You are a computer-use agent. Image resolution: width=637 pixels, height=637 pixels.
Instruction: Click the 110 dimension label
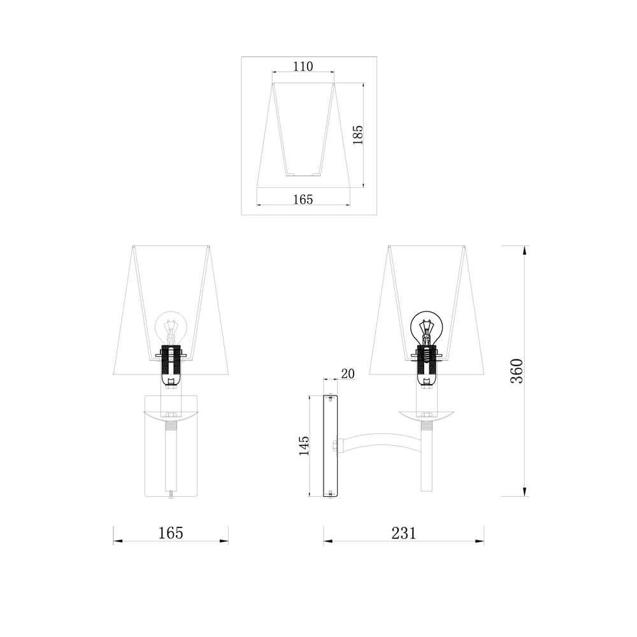(x=303, y=66)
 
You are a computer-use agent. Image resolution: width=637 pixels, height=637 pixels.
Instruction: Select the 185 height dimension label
(x=357, y=135)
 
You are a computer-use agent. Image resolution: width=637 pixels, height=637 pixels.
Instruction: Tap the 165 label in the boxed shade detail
(x=303, y=199)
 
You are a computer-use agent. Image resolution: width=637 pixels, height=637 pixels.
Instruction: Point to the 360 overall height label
(x=517, y=371)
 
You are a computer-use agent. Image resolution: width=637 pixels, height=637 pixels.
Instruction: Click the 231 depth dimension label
(x=404, y=533)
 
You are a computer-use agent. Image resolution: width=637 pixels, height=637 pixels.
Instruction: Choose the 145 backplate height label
(x=304, y=445)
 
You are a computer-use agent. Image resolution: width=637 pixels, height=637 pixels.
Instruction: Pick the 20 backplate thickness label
(x=348, y=373)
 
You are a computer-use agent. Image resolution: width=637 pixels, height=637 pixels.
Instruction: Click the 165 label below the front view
(x=171, y=533)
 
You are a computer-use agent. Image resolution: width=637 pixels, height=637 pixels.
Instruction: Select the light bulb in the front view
(x=171, y=327)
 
